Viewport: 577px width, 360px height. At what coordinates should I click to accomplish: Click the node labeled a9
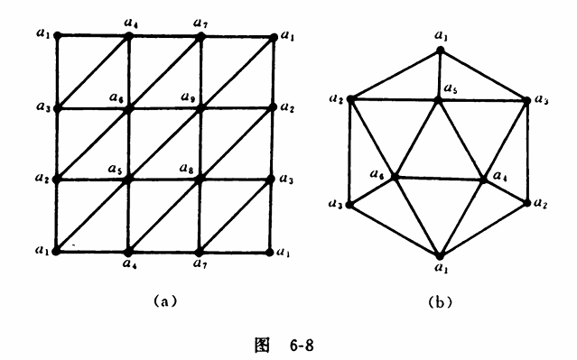(x=200, y=109)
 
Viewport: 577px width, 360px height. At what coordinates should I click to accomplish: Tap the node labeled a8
(x=200, y=180)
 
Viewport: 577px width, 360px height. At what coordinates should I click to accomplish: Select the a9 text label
(x=188, y=97)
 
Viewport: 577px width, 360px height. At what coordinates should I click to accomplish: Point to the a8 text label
(x=187, y=168)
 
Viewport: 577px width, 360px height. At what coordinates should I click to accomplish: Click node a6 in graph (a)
(x=128, y=109)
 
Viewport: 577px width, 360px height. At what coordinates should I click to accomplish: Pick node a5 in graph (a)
(x=127, y=180)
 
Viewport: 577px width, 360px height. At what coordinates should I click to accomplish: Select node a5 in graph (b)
(x=438, y=99)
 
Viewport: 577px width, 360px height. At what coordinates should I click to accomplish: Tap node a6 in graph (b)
(x=395, y=177)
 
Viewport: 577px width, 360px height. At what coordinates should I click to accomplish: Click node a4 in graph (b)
(x=484, y=180)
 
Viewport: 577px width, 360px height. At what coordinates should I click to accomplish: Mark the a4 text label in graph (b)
(x=500, y=176)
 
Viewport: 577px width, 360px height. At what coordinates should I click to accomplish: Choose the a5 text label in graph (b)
(x=451, y=88)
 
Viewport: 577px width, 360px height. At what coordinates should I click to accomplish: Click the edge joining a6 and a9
(x=164, y=109)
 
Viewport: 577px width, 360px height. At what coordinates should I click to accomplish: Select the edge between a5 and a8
(x=163, y=180)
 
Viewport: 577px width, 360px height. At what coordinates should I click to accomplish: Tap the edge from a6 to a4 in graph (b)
(x=440, y=179)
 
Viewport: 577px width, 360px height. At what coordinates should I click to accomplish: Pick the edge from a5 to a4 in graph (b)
(x=461, y=140)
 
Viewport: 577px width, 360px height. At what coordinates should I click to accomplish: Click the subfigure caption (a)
(x=165, y=301)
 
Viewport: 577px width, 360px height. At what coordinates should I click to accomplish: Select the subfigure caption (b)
(x=441, y=302)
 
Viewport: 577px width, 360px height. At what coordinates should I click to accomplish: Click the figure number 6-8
(x=302, y=346)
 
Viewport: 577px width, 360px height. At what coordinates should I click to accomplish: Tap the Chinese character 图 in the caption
(x=262, y=346)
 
